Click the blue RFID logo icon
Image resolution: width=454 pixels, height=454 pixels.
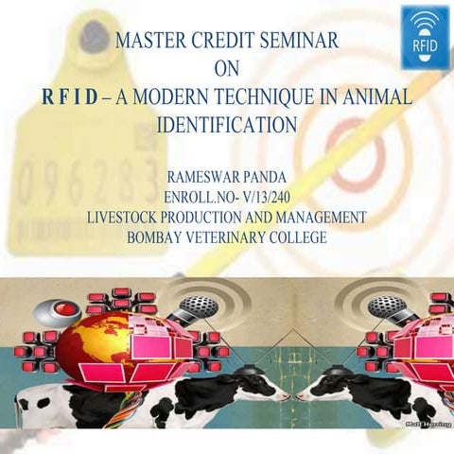click(x=426, y=36)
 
